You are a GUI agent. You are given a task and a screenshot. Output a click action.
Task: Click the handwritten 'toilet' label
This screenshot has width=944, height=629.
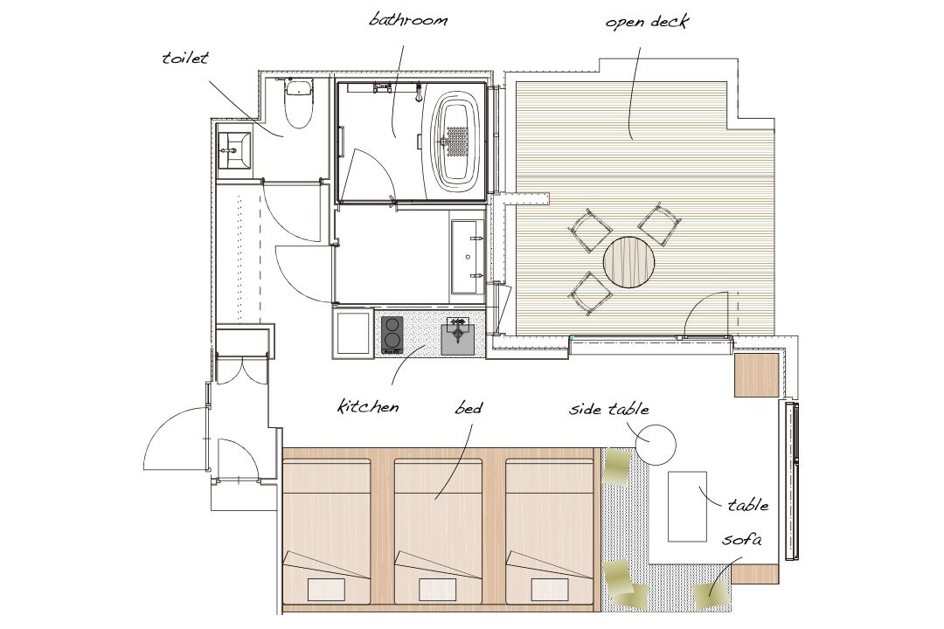185,59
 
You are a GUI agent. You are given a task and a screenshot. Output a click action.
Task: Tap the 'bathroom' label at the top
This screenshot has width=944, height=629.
409,20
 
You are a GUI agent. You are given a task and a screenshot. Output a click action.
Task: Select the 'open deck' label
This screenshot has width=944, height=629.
647,23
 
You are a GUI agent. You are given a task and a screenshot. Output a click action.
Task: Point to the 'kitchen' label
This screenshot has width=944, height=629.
368,406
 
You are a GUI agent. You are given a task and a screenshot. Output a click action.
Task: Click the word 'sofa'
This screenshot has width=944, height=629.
742,539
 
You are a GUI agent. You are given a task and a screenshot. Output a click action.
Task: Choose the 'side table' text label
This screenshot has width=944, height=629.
609,410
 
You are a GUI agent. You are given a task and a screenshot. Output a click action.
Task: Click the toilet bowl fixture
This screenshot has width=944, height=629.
299,104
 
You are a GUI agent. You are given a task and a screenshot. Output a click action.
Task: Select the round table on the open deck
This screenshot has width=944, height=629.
629,262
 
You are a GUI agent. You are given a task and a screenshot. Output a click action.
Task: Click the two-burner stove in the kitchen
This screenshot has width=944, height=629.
392,334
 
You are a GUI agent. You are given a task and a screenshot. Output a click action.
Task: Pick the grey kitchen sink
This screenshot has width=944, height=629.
462,335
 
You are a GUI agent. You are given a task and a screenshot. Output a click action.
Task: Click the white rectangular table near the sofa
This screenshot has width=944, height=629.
688,506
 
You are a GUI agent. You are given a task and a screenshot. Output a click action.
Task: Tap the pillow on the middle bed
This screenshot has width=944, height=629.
438,590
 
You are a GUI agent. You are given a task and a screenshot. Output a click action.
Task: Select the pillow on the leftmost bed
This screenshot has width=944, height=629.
327,590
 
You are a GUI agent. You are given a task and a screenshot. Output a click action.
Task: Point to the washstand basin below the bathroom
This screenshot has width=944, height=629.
468,257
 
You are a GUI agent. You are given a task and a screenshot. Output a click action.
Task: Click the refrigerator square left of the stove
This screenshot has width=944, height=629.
353,332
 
